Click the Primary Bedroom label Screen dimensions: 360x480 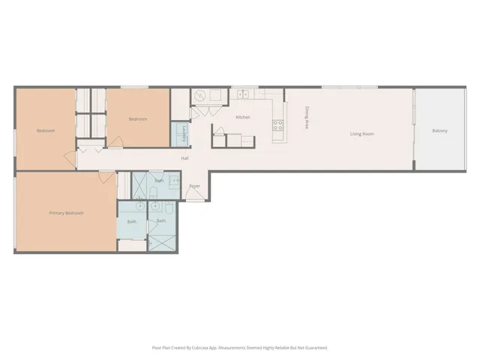pyautogui.click(x=66, y=213)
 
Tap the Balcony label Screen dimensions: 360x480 pyautogui.click(x=440, y=131)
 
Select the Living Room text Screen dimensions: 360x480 pyautogui.click(x=361, y=134)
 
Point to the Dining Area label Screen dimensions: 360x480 pyautogui.click(x=306, y=118)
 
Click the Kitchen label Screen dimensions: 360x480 pyautogui.click(x=243, y=117)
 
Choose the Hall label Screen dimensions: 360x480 pyautogui.click(x=184, y=158)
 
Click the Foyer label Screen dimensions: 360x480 pyautogui.click(x=194, y=186)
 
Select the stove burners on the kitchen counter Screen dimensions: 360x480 pyautogui.click(x=277, y=125)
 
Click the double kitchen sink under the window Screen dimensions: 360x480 pyautogui.click(x=243, y=94)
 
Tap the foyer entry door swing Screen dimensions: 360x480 pyautogui.click(x=193, y=195)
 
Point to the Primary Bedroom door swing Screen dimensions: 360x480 pyautogui.click(x=108, y=178)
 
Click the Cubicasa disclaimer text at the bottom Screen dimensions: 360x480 pyautogui.click(x=240, y=348)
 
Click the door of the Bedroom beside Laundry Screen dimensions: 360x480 pyautogui.click(x=114, y=141)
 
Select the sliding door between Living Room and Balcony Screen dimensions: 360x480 pyautogui.click(x=415, y=129)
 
